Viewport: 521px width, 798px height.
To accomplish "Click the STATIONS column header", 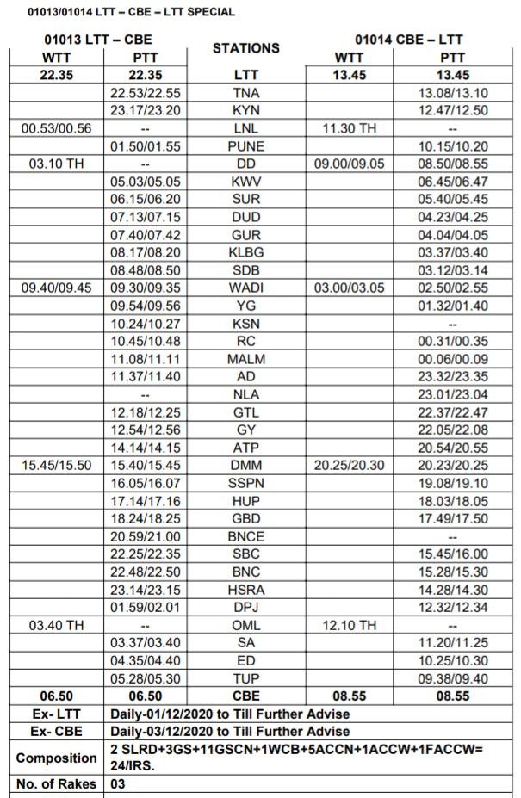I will (x=246, y=48).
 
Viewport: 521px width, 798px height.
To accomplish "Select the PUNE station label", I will (x=246, y=146).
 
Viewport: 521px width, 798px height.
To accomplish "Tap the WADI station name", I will (x=246, y=288).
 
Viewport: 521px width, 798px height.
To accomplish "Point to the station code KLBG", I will (x=246, y=252).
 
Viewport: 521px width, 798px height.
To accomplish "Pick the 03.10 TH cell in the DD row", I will (x=57, y=164).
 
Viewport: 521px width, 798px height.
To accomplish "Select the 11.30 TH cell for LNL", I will (x=349, y=128).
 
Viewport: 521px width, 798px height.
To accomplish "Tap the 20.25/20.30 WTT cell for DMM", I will (x=349, y=465).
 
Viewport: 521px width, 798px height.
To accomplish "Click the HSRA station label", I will (x=246, y=590).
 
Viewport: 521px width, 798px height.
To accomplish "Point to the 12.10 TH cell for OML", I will (x=349, y=625).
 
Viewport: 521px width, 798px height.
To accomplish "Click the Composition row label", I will (x=55, y=758).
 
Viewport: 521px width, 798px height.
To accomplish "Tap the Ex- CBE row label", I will (x=55, y=732).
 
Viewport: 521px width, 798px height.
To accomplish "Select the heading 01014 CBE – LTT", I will (x=408, y=40).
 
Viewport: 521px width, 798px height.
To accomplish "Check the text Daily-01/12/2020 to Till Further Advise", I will (x=230, y=714).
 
